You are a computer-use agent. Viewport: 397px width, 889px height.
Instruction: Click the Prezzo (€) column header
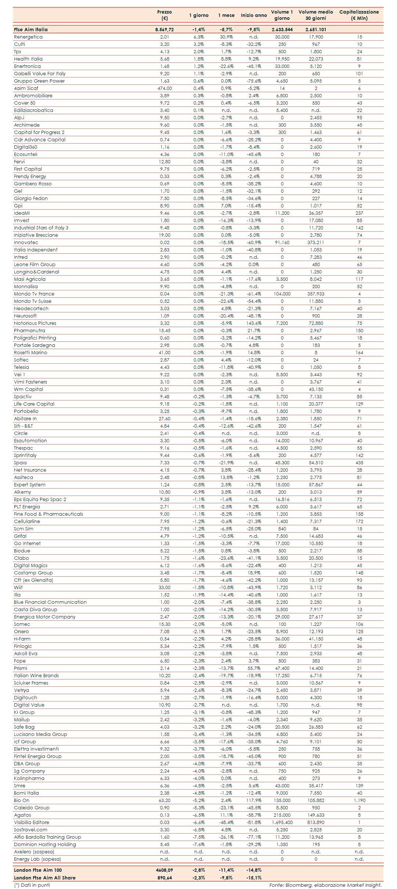(164, 15)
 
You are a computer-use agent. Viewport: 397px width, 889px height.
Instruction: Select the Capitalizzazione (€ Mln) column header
(359, 15)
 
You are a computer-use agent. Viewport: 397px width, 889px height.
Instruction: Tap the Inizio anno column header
(254, 15)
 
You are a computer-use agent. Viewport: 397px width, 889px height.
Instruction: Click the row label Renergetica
(28, 37)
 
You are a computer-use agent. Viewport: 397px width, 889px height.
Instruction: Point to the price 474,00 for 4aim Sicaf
(165, 88)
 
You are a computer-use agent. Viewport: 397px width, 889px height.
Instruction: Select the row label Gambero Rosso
(33, 184)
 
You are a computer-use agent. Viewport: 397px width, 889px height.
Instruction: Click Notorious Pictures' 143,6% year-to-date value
(254, 323)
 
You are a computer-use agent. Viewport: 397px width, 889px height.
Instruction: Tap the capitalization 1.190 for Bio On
(359, 801)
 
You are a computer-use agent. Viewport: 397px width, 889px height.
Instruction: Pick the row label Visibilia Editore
(32, 823)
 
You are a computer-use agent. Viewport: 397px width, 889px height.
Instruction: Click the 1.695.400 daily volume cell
(282, 823)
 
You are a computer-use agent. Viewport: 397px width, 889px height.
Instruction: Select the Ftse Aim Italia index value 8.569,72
(165, 30)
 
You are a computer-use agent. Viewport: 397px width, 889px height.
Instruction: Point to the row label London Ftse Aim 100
(38, 870)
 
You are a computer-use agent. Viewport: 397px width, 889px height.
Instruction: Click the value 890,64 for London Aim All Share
(165, 878)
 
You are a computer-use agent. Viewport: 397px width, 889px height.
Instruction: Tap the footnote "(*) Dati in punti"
(32, 885)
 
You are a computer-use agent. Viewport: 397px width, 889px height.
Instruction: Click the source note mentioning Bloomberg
(325, 885)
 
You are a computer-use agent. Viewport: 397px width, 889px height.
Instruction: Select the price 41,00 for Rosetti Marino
(165, 353)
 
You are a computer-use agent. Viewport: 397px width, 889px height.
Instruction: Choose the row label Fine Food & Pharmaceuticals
(48, 514)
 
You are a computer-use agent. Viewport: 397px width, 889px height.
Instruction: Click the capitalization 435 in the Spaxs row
(359, 463)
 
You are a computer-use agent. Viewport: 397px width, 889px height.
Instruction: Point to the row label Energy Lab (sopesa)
(37, 859)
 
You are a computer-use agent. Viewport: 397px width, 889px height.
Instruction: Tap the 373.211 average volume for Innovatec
(316, 243)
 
